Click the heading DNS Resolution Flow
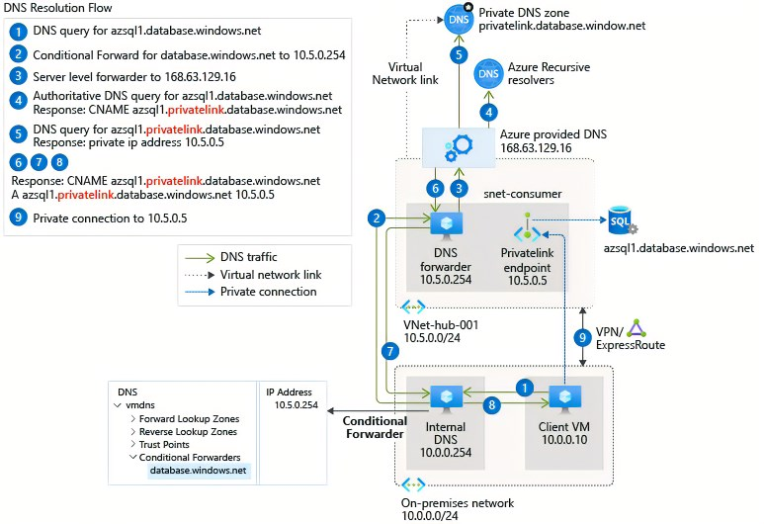[x=59, y=9]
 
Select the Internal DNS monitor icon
[x=446, y=396]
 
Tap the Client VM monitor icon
[x=563, y=396]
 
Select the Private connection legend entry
[x=267, y=292]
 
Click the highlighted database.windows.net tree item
[x=198, y=471]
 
